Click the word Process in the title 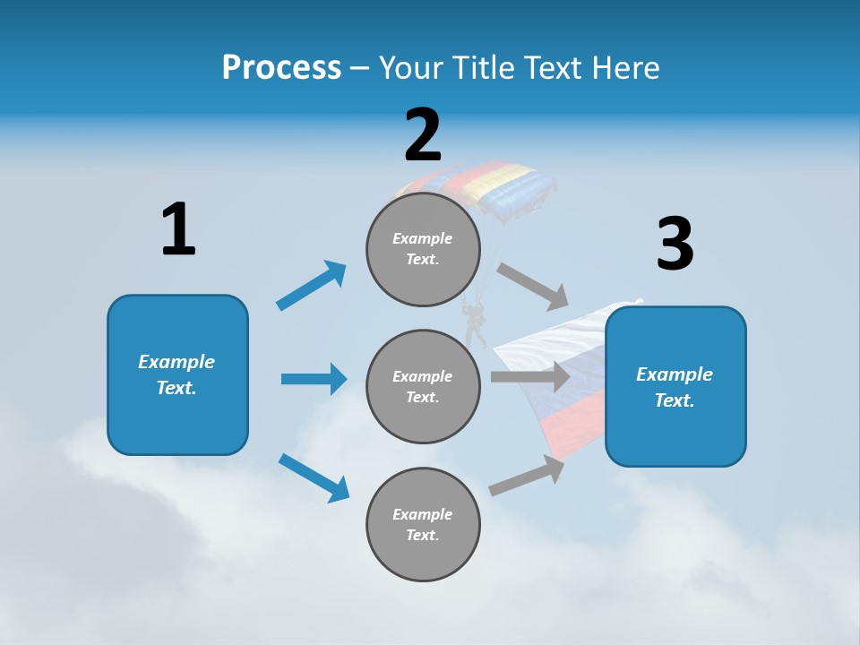tap(281, 67)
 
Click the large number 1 tap(178, 229)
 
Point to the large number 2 tap(423, 135)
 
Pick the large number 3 tap(675, 244)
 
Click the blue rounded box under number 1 tap(177, 374)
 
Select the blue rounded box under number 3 tap(675, 387)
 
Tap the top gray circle tap(423, 249)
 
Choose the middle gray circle tap(423, 387)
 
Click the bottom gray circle tap(423, 525)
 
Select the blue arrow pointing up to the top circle tap(312, 286)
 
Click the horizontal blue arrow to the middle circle tap(314, 379)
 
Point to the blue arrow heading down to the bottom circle tap(314, 477)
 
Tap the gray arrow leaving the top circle tap(533, 286)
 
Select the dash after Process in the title tap(360, 68)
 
